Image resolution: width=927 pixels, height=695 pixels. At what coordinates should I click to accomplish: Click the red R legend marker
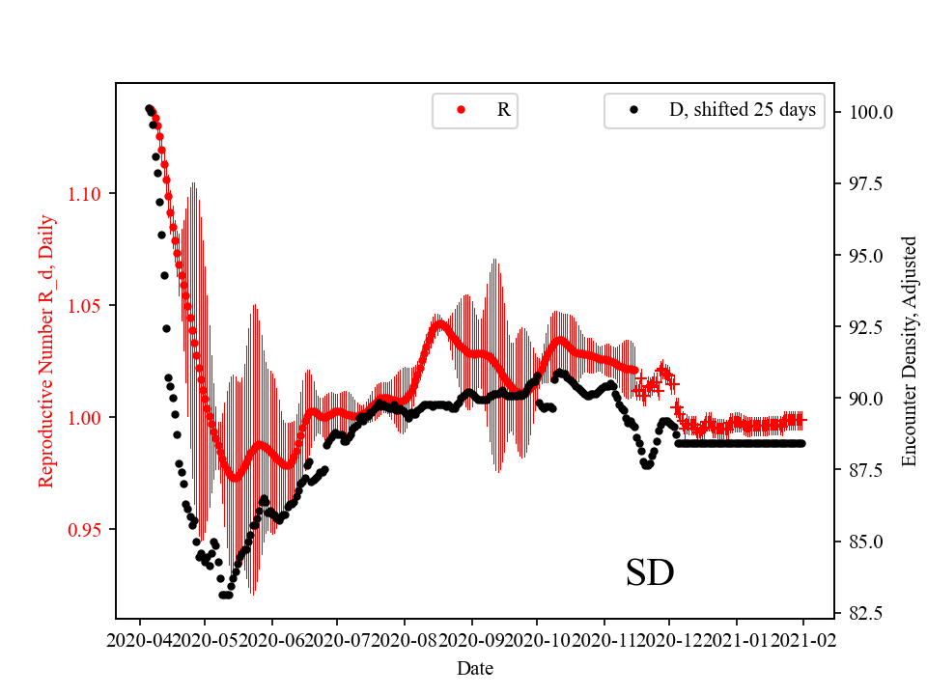tap(462, 110)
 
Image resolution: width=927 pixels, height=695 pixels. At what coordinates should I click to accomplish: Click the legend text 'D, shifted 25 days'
tap(743, 110)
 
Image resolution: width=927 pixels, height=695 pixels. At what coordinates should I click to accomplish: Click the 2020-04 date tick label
tap(140, 639)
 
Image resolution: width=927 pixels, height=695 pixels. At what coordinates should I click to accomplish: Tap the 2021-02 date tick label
tap(803, 639)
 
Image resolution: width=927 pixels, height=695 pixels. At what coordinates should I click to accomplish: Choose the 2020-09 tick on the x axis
tap(472, 639)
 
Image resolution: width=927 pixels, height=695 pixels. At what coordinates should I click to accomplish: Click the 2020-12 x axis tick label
tap(670, 639)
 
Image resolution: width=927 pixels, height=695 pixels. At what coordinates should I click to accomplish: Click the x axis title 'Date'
tap(475, 667)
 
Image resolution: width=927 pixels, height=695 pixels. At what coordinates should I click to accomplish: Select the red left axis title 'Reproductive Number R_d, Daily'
tap(45, 350)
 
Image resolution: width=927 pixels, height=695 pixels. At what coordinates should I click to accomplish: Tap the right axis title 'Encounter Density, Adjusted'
tap(908, 350)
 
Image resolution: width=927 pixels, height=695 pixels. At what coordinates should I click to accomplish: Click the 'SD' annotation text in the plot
tap(650, 572)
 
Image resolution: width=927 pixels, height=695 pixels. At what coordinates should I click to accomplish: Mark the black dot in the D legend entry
tap(633, 110)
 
